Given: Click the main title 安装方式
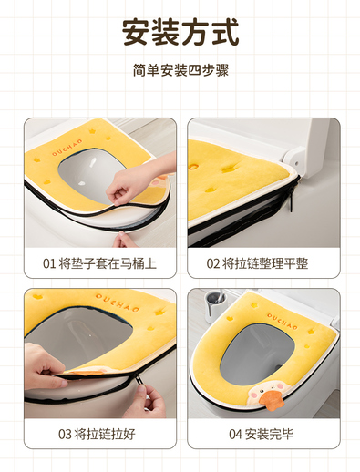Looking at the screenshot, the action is point(180,32).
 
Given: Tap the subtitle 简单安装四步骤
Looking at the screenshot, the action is point(180,70).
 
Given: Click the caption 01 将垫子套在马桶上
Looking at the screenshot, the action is point(99,263).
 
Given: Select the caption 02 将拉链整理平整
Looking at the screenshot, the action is point(257,263).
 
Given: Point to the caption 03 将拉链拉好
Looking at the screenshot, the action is point(97,434).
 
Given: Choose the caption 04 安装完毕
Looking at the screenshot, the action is point(262,434).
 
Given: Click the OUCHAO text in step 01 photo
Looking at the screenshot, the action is point(67,148).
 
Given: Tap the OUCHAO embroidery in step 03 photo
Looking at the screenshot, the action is point(118,303).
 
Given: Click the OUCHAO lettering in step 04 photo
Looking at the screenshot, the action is point(283,321).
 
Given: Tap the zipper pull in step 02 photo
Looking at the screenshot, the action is point(292,199).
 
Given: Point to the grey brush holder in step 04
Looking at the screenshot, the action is point(214,306).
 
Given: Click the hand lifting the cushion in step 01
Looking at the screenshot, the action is point(138,180).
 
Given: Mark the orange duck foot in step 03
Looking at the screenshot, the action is point(87,371).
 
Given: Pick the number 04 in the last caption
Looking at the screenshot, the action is point(235,435).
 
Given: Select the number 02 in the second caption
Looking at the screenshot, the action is point(212,263).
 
